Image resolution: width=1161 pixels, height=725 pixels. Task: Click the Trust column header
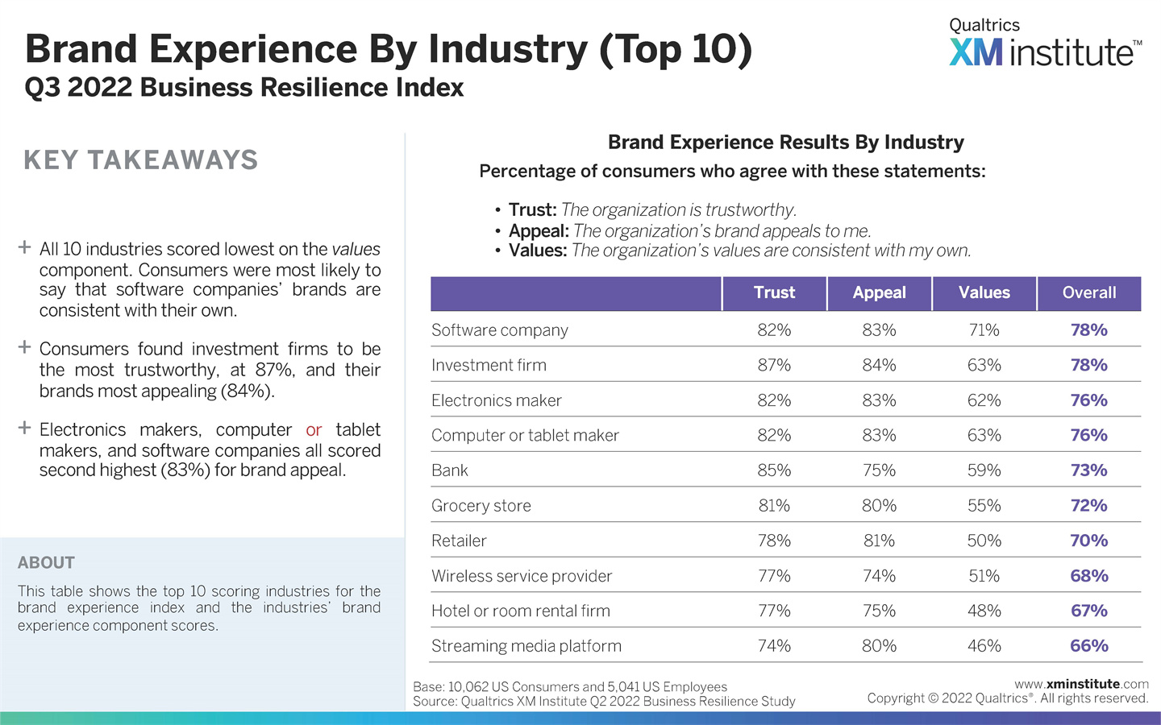pyautogui.click(x=774, y=293)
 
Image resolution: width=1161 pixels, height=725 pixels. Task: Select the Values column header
pyautogui.click(x=984, y=293)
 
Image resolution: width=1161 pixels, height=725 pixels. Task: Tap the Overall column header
pyautogui.click(x=1088, y=293)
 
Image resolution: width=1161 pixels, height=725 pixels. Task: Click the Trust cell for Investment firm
pyautogui.click(x=774, y=366)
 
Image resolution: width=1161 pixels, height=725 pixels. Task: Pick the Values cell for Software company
pyautogui.click(x=984, y=330)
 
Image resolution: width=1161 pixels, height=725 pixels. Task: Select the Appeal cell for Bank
pyautogui.click(x=879, y=470)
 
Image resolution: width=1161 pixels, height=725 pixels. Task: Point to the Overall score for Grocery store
pyautogui.click(x=1088, y=506)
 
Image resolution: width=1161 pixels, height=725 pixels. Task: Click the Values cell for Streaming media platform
pyautogui.click(x=984, y=646)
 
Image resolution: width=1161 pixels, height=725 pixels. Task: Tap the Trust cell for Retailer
pyautogui.click(x=774, y=541)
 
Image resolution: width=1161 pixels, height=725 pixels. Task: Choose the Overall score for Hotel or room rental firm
pyautogui.click(x=1088, y=611)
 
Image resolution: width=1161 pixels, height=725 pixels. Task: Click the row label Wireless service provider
pyautogui.click(x=522, y=576)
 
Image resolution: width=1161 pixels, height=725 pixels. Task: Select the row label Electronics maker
pyautogui.click(x=496, y=400)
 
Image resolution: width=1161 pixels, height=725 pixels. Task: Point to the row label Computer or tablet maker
pyautogui.click(x=525, y=436)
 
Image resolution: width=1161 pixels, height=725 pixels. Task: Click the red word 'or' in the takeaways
pyautogui.click(x=314, y=430)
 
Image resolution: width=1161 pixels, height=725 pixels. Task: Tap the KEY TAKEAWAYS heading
pyautogui.click(x=141, y=160)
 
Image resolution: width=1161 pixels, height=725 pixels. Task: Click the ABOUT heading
pyautogui.click(x=46, y=563)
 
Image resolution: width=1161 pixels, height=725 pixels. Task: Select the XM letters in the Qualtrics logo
pyautogui.click(x=976, y=53)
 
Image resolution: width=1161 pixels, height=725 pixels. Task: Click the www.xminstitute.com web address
pyautogui.click(x=1081, y=684)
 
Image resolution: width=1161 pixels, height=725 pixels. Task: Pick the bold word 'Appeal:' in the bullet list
pyautogui.click(x=539, y=231)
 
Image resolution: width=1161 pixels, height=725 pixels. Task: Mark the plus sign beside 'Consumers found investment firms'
pyautogui.click(x=25, y=347)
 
